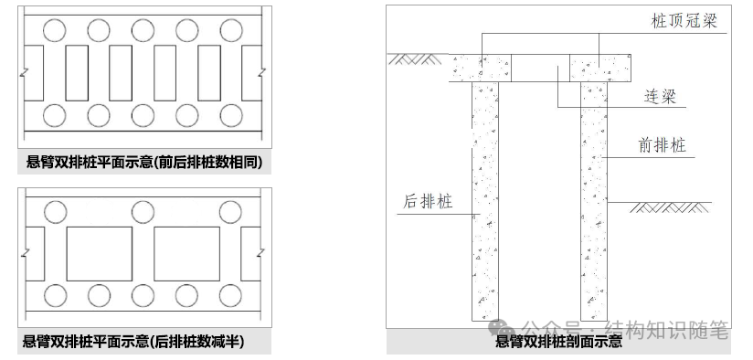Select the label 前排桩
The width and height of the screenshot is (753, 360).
tap(663, 145)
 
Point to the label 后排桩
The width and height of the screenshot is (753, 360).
tap(428, 201)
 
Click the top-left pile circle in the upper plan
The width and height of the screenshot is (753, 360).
tap(54, 30)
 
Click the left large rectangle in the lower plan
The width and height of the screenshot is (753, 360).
tap(99, 254)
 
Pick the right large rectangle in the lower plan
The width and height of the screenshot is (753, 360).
tap(186, 254)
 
